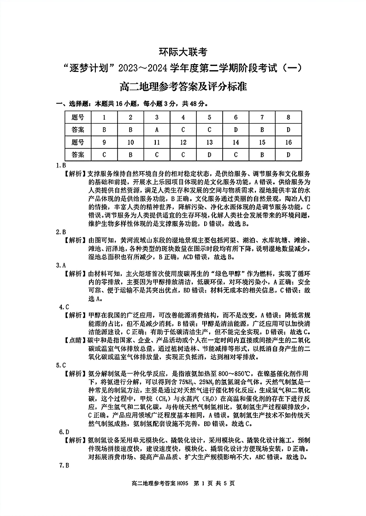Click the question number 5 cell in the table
(209, 118)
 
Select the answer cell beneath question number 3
(157, 130)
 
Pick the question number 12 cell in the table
(183, 142)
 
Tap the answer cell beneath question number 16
(289, 154)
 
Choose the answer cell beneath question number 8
(289, 130)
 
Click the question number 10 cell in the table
(130, 142)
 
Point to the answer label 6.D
(64, 432)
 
